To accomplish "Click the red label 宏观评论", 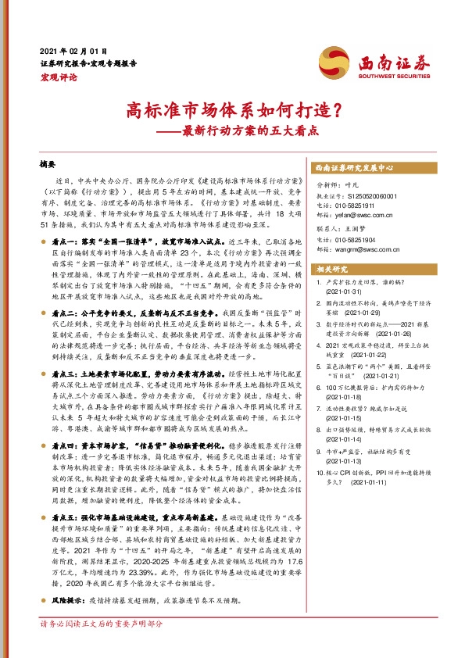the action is click(x=59, y=77).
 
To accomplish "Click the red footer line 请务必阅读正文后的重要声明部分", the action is click(x=102, y=624).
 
